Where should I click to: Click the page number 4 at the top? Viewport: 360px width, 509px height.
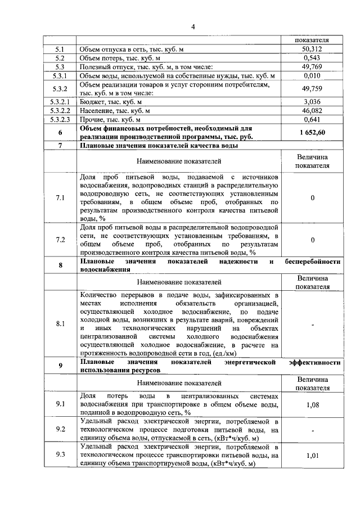coord(192,26)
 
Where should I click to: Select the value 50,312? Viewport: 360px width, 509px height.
coord(312,49)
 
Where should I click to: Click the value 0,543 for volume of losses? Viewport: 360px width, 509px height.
coord(312,58)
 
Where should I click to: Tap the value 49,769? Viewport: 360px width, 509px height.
coord(312,67)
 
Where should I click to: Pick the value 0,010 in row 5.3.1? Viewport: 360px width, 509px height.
coord(312,75)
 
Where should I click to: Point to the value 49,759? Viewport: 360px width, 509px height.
coord(312,88)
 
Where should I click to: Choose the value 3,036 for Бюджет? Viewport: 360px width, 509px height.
coord(312,102)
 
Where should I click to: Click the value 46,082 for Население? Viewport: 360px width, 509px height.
coord(312,111)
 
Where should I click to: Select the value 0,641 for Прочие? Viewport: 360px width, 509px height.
coord(312,119)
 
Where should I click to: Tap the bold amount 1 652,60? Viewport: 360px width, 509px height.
coord(312,132)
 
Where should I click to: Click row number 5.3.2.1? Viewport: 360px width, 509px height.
coord(60,102)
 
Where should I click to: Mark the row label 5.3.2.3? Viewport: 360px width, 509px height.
coord(60,119)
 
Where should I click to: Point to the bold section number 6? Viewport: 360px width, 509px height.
coord(60,132)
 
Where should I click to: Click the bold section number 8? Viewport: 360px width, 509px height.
coord(60,265)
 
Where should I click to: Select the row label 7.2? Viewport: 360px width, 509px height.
coord(60,240)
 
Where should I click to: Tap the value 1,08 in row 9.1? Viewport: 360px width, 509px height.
coord(312,404)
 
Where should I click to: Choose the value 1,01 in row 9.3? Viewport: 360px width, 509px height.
coord(312,456)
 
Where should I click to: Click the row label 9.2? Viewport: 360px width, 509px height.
coord(60,430)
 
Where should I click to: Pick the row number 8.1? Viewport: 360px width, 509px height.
coord(60,324)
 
